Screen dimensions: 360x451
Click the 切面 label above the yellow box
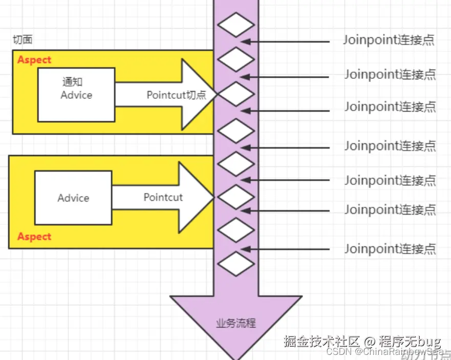click(23, 40)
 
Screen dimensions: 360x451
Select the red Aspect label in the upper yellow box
click(34, 60)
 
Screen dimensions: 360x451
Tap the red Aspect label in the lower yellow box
click(34, 237)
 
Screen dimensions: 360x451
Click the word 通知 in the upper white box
click(73, 82)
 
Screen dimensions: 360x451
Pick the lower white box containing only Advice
click(73, 198)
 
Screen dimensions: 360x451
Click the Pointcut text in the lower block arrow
click(163, 198)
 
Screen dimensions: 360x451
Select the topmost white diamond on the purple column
click(235, 25)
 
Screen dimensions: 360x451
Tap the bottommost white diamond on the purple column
click(235, 264)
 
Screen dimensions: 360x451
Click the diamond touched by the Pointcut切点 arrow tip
click(235, 94)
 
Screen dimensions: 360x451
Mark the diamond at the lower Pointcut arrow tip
click(235, 197)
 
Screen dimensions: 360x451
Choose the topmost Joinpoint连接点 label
click(389, 40)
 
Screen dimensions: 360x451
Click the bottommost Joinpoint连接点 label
click(390, 249)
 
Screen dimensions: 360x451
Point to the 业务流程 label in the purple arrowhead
click(236, 324)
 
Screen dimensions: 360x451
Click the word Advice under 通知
click(76, 95)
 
